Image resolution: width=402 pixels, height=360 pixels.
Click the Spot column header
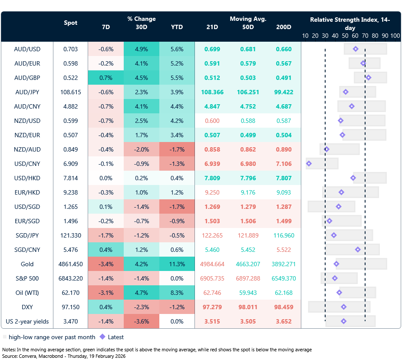[x=70, y=23]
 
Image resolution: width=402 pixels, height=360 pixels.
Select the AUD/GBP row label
[x=27, y=78]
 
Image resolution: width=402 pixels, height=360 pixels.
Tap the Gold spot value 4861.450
[x=70, y=264]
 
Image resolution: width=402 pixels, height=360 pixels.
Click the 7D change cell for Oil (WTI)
[x=105, y=293]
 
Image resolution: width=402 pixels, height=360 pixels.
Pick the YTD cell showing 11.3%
[x=177, y=264]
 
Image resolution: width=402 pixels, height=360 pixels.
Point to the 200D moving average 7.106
[x=283, y=164]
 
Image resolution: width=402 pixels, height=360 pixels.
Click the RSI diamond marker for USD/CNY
[x=309, y=164]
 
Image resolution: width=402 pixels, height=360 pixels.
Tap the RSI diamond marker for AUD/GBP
[x=368, y=78]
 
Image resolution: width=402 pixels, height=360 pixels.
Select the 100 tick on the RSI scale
[x=395, y=36]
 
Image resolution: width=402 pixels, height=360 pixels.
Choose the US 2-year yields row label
[x=27, y=321]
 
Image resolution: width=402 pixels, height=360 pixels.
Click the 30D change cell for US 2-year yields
[x=141, y=321]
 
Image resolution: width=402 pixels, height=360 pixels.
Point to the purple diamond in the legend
[x=102, y=337]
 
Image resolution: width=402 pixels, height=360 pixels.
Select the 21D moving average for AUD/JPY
[x=213, y=92]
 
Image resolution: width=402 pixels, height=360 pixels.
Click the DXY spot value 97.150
[x=70, y=307]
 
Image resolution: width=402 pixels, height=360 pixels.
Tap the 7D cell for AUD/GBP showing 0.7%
[x=105, y=78]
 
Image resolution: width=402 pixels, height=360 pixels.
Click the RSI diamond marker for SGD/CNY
[x=358, y=250]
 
